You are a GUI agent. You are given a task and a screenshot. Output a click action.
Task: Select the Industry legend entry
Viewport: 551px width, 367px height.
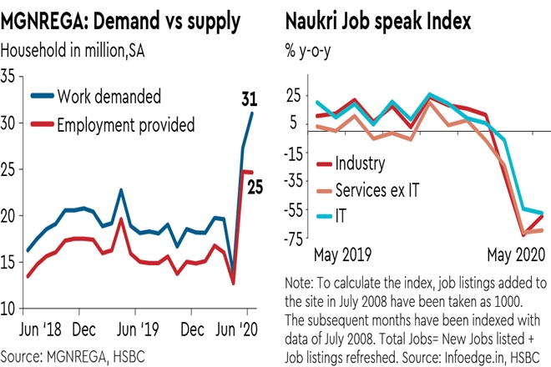pyautogui.click(x=361, y=163)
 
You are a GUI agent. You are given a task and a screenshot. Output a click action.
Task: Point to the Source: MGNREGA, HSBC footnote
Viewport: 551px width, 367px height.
pyautogui.click(x=79, y=354)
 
